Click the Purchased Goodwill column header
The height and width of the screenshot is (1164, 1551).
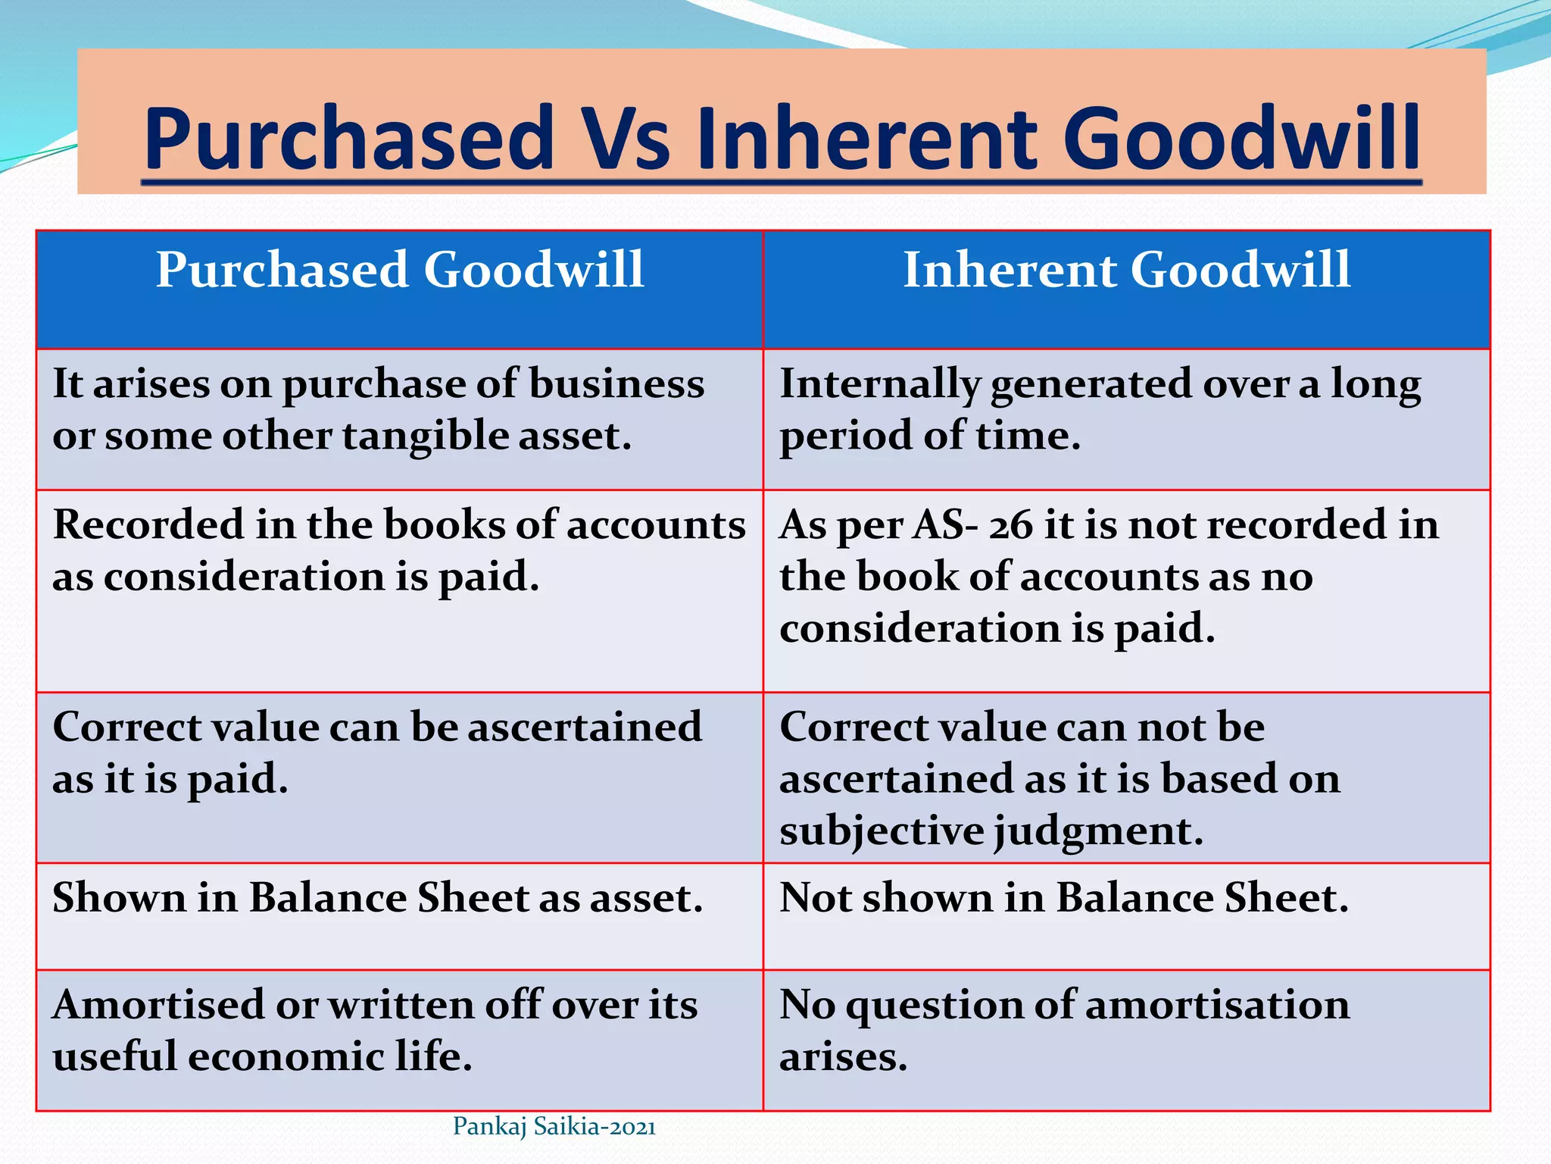(x=400, y=270)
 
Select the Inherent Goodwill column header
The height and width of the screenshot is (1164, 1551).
(x=1126, y=270)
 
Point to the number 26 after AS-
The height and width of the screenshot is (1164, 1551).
(x=1010, y=525)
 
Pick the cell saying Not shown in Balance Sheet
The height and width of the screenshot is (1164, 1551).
(x=1064, y=899)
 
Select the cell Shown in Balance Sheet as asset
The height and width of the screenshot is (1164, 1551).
(x=378, y=899)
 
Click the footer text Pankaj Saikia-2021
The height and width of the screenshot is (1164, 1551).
(x=554, y=1127)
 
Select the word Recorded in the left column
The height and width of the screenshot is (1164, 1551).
(x=148, y=525)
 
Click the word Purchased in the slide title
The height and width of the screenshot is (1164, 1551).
(x=349, y=139)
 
